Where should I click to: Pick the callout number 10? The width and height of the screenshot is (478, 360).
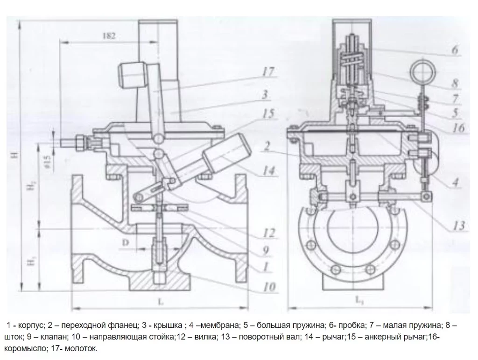point(269,287)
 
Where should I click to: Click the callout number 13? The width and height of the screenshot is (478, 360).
point(459,226)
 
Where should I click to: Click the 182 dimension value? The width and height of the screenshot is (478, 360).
point(107,35)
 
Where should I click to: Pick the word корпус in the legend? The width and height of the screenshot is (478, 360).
point(31,325)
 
